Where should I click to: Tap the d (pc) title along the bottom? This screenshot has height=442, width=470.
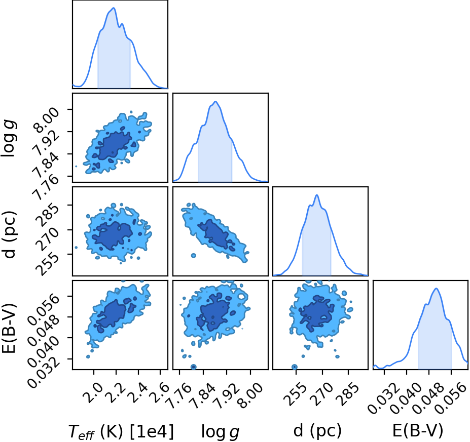pyautogui.click(x=317, y=431)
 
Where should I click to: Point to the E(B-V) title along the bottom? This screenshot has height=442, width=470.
pyautogui.click(x=418, y=431)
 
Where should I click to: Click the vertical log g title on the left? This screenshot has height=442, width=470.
pyautogui.click(x=9, y=138)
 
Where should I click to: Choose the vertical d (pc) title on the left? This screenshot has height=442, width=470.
pyautogui.click(x=9, y=234)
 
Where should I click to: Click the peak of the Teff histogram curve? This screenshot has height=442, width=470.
pyautogui.click(x=114, y=8)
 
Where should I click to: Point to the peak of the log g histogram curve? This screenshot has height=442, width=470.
pyautogui.click(x=215, y=101)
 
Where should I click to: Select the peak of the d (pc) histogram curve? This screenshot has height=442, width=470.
pyautogui.click(x=317, y=195)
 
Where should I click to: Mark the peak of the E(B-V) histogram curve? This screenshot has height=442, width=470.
pyautogui.click(x=436, y=289)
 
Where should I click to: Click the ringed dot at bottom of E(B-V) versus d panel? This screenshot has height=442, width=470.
pyautogui.click(x=295, y=367)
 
